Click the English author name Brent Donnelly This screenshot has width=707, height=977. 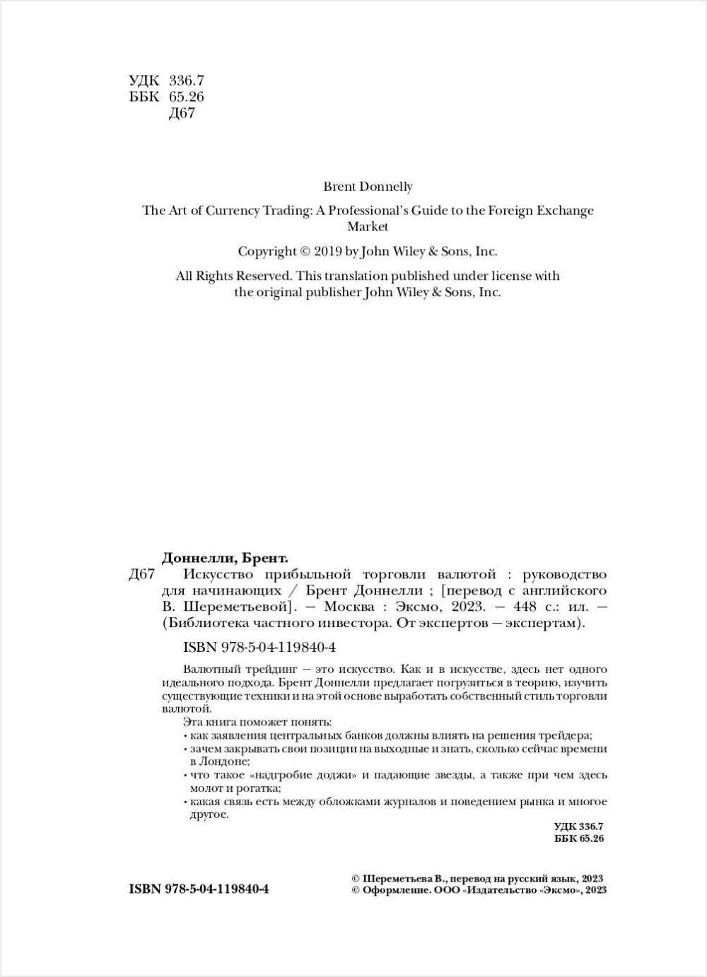[368, 187]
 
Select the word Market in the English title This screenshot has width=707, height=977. [368, 227]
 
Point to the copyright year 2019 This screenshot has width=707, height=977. [327, 251]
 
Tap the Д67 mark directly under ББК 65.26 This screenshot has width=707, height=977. [182, 113]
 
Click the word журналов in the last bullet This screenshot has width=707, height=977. [462, 802]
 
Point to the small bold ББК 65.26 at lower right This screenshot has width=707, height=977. [580, 838]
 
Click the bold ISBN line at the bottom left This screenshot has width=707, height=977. [199, 889]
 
